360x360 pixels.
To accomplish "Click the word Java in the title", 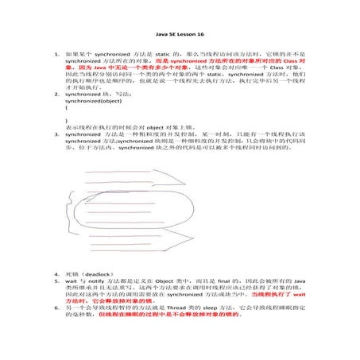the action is tap(161, 36).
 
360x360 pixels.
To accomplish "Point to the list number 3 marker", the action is tap(56, 135).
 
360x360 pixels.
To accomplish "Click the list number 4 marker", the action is tap(56, 273).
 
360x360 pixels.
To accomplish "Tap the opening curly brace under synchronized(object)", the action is tap(67, 110).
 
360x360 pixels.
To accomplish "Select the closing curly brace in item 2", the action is tap(67, 120).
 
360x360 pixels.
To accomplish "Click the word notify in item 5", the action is tap(93, 280).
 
